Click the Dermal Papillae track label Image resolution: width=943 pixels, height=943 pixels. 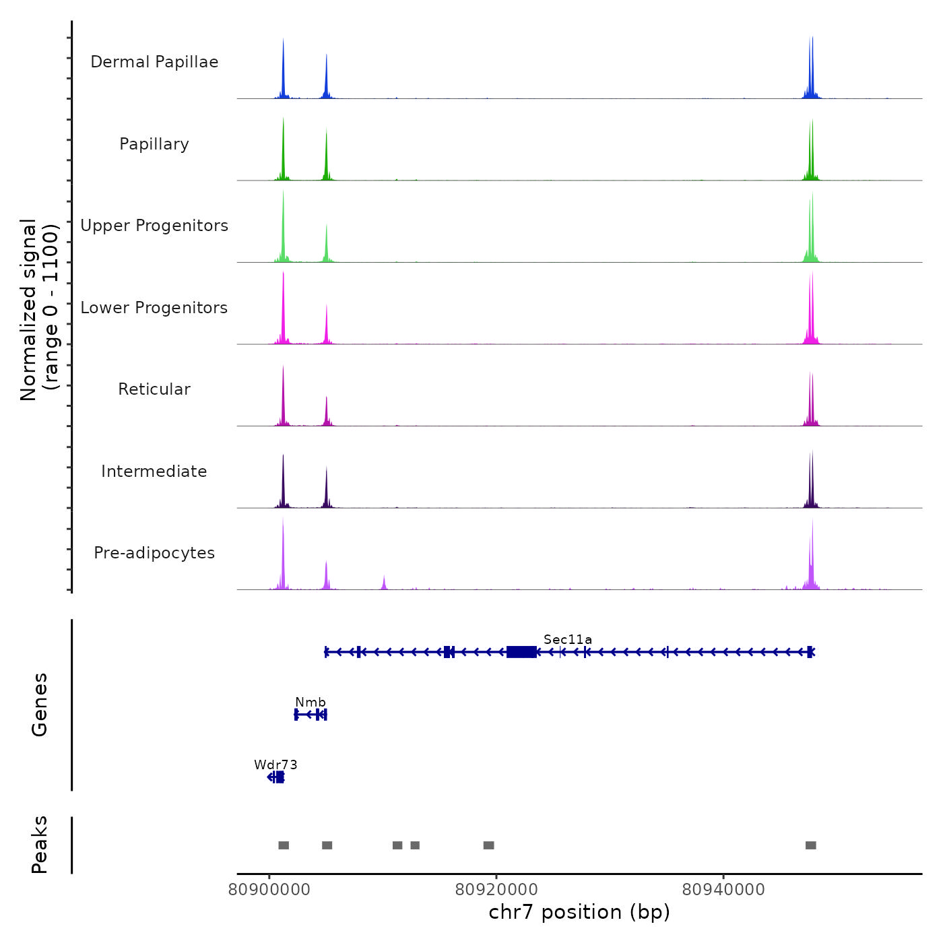[154, 62]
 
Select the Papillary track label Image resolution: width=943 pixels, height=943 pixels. [154, 144]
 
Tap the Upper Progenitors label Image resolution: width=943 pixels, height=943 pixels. [154, 226]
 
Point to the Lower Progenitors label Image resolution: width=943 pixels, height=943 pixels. [154, 308]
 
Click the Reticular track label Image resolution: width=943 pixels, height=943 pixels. [154, 389]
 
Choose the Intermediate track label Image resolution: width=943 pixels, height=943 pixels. [154, 471]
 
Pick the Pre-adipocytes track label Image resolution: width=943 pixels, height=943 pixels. [154, 553]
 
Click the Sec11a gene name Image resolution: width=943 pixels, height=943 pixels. [568, 639]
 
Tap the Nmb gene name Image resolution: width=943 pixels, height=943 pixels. [311, 703]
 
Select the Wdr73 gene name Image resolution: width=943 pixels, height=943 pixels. [275, 765]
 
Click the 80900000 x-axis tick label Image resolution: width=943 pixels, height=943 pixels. [269, 890]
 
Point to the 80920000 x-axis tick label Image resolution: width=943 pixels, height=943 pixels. [496, 890]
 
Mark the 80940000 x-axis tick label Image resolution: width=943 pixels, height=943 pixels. [723, 890]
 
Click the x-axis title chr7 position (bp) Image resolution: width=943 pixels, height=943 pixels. [579, 912]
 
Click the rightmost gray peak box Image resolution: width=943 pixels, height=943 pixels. [811, 845]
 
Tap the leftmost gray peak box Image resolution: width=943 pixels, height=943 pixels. [284, 845]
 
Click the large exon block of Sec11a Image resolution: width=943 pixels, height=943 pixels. [521, 651]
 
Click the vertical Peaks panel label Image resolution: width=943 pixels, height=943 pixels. [40, 845]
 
